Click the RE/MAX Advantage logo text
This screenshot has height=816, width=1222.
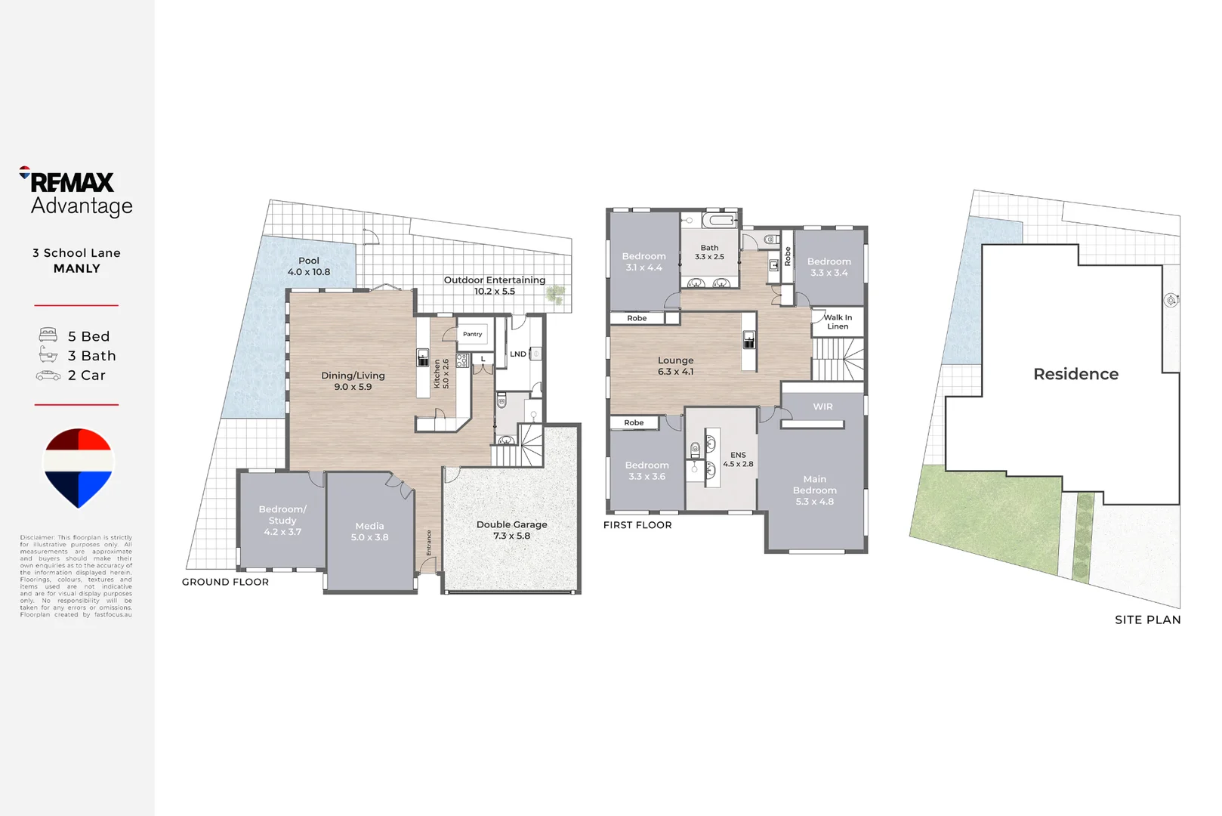[x=76, y=193]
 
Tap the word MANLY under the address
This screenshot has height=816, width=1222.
[x=76, y=268]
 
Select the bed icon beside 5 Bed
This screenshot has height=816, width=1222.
[x=48, y=335]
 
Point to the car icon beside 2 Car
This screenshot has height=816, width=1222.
[x=48, y=376]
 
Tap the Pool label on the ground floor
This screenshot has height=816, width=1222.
[x=308, y=266]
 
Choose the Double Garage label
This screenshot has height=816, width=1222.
[x=511, y=530]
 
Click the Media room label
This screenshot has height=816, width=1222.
[x=369, y=531]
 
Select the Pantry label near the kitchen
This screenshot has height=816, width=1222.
[x=472, y=334]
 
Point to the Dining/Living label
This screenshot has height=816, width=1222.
[x=353, y=381]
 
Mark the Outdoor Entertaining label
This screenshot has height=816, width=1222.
[x=494, y=285]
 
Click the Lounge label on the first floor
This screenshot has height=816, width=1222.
[x=675, y=366]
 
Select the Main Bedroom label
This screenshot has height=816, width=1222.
[x=814, y=490]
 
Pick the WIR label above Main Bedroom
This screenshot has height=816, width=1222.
[x=822, y=406]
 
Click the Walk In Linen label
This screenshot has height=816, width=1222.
[x=838, y=322]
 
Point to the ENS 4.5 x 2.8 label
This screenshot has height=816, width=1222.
[x=738, y=459]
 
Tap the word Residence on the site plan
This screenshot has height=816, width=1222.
[x=1075, y=374]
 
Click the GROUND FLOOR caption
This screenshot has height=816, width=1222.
[x=225, y=582]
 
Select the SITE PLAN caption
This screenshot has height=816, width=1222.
[x=1147, y=620]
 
